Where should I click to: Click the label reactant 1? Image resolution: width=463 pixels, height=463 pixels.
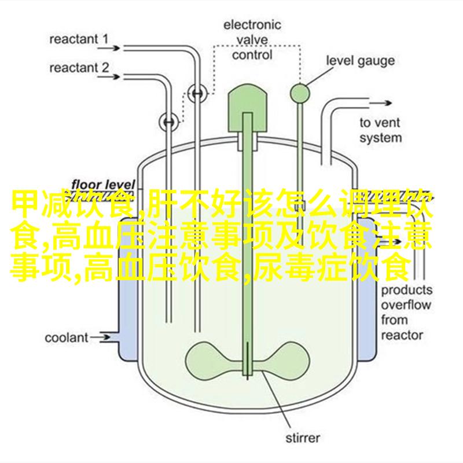point(79,40)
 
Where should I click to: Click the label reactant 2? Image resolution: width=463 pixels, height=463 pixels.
point(79,68)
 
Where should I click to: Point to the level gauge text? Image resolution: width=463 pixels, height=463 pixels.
point(360,60)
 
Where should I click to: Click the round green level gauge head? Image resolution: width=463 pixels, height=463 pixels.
point(300,91)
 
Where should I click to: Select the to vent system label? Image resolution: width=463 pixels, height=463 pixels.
point(380,130)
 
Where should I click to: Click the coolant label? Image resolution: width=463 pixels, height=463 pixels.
point(67,337)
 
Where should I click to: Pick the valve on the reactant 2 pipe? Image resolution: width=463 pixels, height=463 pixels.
point(168,121)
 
